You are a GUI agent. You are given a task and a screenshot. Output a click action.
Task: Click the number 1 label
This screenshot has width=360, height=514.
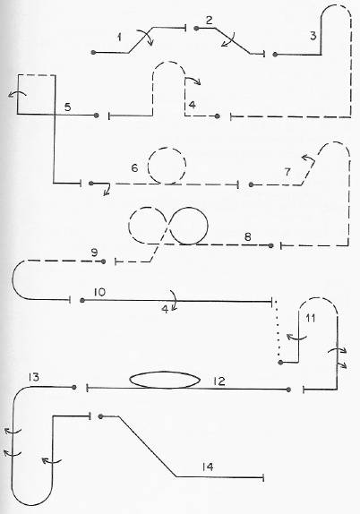(119, 38)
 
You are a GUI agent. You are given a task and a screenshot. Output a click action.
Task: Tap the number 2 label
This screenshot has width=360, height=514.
(210, 21)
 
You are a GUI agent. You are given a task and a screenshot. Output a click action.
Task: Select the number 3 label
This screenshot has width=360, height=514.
(313, 36)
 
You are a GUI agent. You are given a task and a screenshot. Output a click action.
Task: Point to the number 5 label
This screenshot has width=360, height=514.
(67, 107)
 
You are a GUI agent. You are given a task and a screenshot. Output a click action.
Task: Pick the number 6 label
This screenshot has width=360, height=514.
(134, 167)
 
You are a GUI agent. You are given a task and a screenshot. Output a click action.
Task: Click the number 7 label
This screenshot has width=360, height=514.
(287, 172)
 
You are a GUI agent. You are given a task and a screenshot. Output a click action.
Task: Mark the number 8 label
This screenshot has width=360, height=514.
(248, 236)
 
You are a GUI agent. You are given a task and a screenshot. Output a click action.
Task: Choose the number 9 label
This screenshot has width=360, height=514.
(94, 253)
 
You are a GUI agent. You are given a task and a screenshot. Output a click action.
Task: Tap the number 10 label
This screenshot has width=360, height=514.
(99, 292)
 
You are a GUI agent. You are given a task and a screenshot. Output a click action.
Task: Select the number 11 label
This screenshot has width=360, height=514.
(310, 318)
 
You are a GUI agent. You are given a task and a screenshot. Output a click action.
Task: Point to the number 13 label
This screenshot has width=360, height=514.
(34, 377)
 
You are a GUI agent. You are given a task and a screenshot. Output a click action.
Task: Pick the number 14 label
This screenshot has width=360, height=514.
(208, 467)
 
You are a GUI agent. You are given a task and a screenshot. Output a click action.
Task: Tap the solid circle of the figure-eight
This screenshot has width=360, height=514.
(208, 226)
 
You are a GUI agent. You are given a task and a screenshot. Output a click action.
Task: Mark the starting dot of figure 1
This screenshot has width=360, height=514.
(93, 53)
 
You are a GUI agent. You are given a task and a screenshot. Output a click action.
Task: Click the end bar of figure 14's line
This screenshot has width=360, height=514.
(263, 477)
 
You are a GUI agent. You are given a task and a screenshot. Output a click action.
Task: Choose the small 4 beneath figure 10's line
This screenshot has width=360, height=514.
(166, 309)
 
